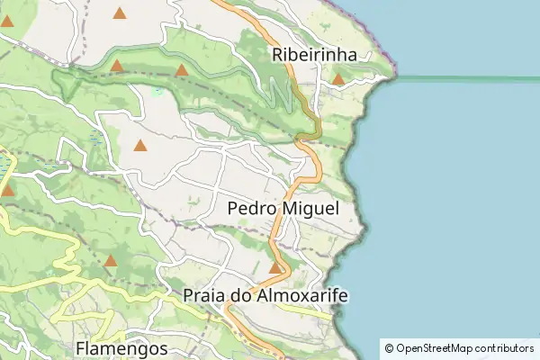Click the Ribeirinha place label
point(314,55)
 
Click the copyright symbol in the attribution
point(388,347)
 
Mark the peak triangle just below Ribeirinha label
point(337,79)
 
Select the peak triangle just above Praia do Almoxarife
point(275,267)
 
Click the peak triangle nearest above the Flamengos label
point(110,261)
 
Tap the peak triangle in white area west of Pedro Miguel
point(139,145)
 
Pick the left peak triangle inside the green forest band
point(116,66)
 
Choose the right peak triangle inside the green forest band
point(182,69)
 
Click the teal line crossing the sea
point(468,79)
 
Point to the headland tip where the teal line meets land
point(393,77)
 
